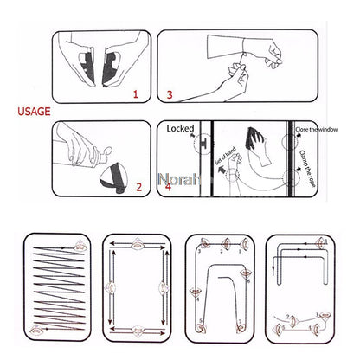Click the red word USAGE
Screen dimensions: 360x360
(33, 112)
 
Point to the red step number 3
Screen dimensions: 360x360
(170, 93)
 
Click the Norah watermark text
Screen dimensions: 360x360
(177, 182)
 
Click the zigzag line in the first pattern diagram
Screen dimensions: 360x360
(55, 286)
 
